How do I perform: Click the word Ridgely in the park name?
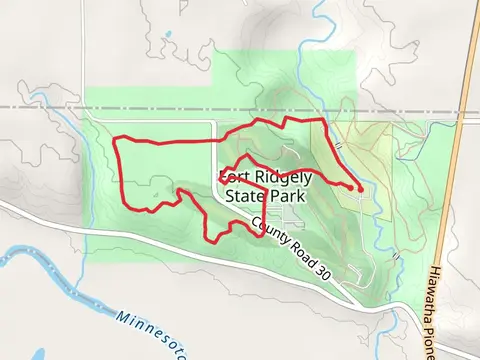coord(279,178)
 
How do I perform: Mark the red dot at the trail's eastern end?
coord(359,187)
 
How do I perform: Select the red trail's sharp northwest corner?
coord(118,138)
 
